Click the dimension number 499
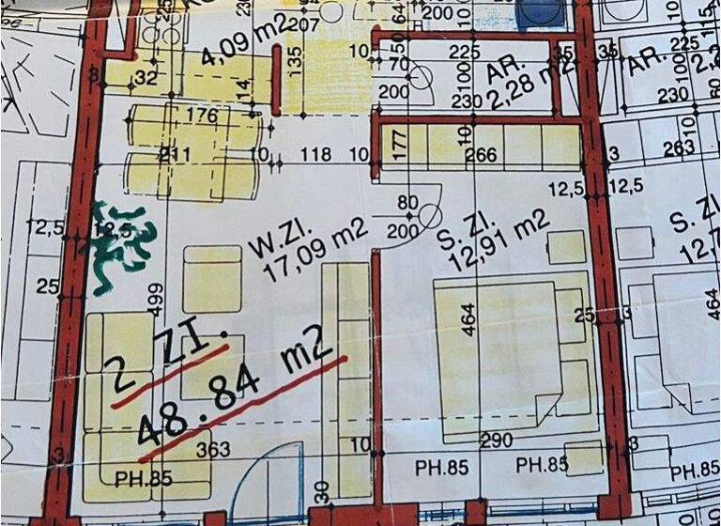(x=157, y=303)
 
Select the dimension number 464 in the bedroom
(x=468, y=319)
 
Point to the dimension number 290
(x=495, y=441)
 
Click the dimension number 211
(x=175, y=153)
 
